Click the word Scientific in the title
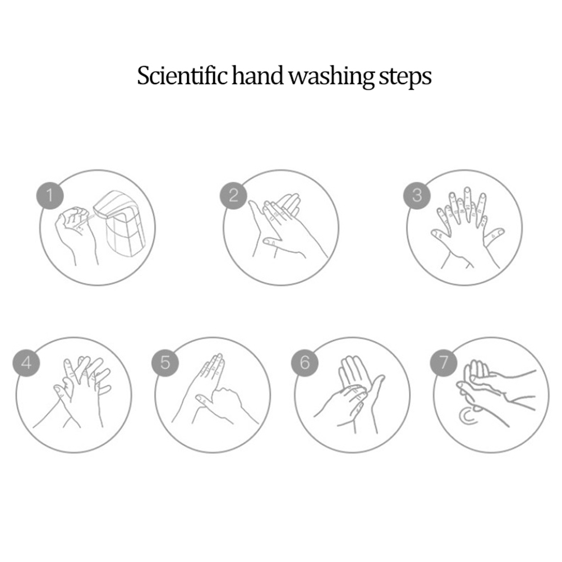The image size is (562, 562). tap(182, 75)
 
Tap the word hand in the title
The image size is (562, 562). tap(257, 75)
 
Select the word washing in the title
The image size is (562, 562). tap(331, 77)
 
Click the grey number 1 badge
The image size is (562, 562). tap(50, 196)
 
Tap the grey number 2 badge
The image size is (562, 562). tap(233, 196)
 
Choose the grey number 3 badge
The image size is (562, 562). tap(417, 196)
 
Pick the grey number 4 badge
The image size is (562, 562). tap(26, 363)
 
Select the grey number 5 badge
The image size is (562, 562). tap(165, 363)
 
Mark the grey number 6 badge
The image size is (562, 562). tap(305, 363)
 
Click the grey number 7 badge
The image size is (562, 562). tap(444, 363)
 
